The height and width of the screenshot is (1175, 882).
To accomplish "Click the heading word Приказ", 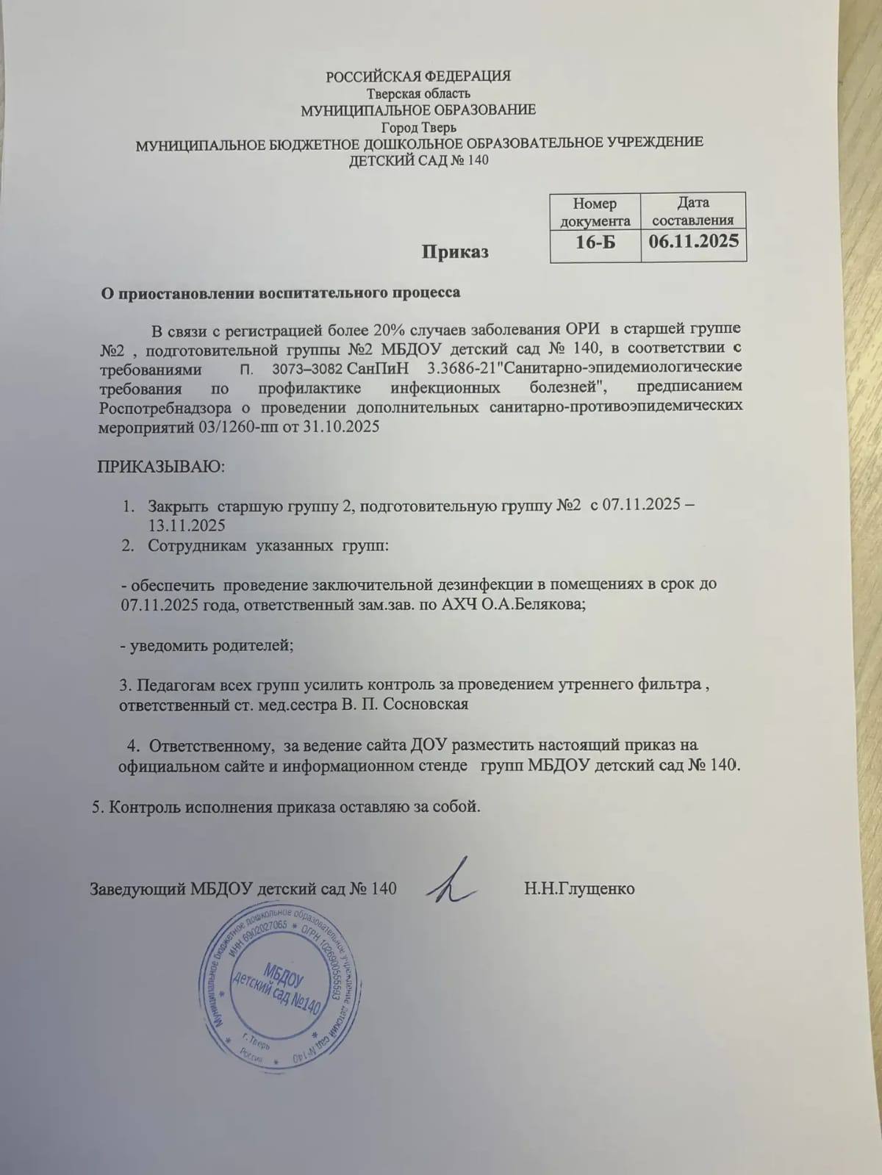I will pyautogui.click(x=455, y=252).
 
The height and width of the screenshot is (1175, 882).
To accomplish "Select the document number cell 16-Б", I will pyautogui.click(x=595, y=241).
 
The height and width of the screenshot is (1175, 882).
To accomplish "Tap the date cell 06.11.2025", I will pyautogui.click(x=694, y=241).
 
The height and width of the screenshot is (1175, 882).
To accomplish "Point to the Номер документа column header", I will pyautogui.click(x=595, y=212).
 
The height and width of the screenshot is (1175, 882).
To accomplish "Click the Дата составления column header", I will pyautogui.click(x=693, y=211).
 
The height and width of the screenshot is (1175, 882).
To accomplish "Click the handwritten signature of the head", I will pyautogui.click(x=452, y=883).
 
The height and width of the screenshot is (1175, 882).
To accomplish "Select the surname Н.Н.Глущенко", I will pyautogui.click(x=579, y=888).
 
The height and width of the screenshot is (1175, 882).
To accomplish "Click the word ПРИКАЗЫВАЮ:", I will pyautogui.click(x=162, y=467).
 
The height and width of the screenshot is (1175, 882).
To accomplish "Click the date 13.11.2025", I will pyautogui.click(x=187, y=525).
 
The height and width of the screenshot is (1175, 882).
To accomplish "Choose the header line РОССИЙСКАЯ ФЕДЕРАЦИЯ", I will pyautogui.click(x=418, y=76).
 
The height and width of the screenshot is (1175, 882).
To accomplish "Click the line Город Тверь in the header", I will pyautogui.click(x=418, y=126).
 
